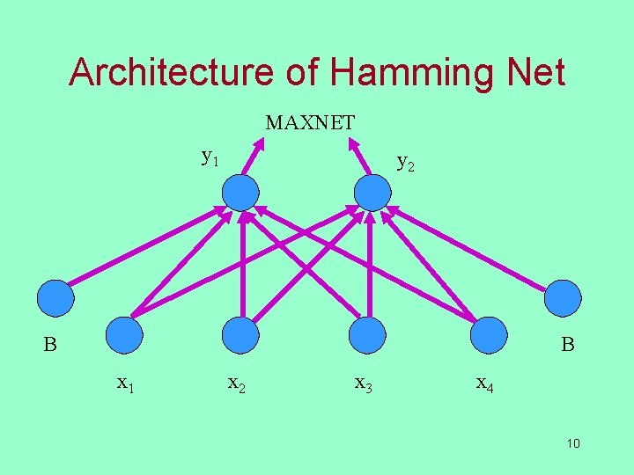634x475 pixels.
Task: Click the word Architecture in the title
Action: (175, 72)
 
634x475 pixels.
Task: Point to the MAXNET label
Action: (310, 123)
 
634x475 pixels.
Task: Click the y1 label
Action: (210, 157)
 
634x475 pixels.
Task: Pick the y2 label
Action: (406, 162)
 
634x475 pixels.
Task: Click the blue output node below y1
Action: (240, 193)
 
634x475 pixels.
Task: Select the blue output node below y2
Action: (372, 193)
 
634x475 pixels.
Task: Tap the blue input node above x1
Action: (123, 335)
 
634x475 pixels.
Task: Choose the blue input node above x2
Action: (240, 335)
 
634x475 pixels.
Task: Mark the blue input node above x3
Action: (367, 335)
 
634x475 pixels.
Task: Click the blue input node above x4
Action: (489, 335)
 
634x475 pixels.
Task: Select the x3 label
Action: (363, 384)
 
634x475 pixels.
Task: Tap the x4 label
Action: (483, 384)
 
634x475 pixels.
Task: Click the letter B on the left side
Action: (51, 345)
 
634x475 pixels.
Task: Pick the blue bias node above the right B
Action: (563, 298)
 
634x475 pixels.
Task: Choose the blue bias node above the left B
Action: (55, 298)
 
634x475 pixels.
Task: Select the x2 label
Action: (236, 384)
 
